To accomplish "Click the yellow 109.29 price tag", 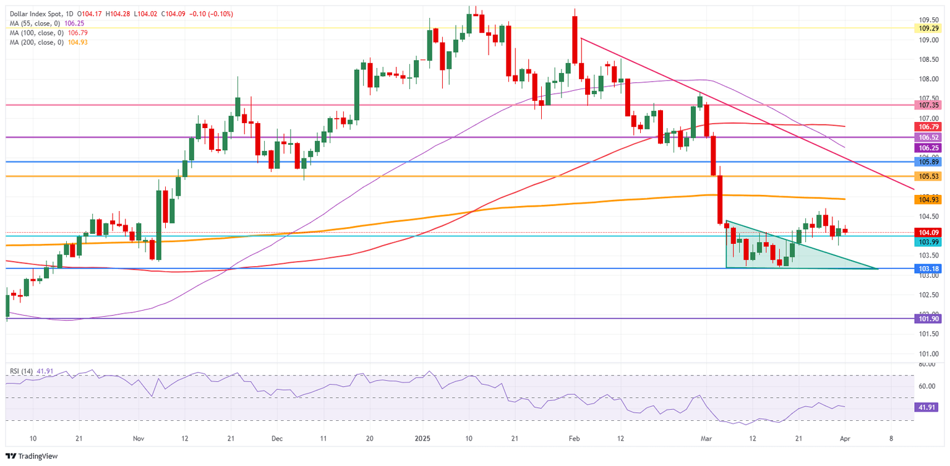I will (928, 28).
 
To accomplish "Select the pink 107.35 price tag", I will (928, 105).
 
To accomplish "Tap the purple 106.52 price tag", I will (928, 137).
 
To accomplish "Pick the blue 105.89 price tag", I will (928, 162).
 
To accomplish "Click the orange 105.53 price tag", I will (928, 176).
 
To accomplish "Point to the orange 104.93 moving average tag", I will (928, 199).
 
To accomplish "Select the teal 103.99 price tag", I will (928, 242).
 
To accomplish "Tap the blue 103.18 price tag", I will (928, 269).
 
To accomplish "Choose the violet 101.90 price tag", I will (928, 319).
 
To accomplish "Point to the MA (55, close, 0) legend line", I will (37, 23).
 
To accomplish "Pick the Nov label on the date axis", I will (139, 438).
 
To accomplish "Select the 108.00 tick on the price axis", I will (926, 79).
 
